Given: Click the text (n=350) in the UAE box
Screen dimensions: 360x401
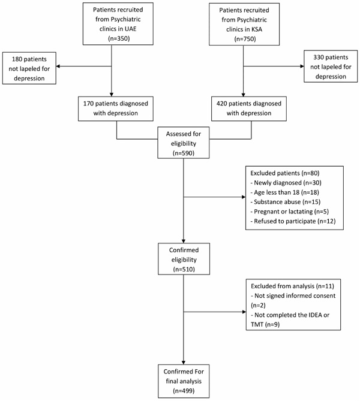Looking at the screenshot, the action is (x=119, y=38).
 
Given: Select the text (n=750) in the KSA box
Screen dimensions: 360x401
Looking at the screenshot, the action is (x=245, y=39).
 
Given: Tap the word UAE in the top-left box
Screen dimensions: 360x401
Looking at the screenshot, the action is (x=131, y=29).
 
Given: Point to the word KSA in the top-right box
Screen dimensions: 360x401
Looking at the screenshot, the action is (x=257, y=29).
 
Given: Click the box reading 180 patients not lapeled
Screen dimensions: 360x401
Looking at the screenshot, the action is (x=29, y=68).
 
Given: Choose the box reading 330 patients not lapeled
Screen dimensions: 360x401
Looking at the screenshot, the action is (x=331, y=67).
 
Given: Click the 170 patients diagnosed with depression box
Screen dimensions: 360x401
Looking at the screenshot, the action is (x=116, y=108).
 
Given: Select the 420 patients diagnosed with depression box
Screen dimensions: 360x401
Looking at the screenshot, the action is (x=249, y=108).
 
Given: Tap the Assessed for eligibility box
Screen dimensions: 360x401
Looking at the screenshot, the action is (x=184, y=143).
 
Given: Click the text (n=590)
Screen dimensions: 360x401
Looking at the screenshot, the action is (x=184, y=153).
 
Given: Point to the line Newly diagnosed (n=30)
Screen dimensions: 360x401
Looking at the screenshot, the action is (x=286, y=183).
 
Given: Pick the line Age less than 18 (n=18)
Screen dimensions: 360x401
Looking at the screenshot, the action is (x=285, y=192).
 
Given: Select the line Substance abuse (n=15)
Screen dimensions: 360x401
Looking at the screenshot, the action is (x=285, y=202).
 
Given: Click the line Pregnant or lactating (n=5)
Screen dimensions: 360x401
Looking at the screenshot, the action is (x=289, y=212).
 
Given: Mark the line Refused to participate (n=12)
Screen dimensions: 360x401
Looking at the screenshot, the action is (x=293, y=221).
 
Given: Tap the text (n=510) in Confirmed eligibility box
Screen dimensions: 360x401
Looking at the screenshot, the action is (x=184, y=269).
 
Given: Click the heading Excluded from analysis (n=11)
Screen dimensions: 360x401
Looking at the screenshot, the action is (x=292, y=286).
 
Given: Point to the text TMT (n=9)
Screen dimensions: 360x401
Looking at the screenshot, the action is (x=265, y=324).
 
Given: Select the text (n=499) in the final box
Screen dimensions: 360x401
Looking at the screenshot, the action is (x=184, y=391).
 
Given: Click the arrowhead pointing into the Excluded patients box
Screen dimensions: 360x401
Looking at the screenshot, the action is (x=244, y=197).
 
